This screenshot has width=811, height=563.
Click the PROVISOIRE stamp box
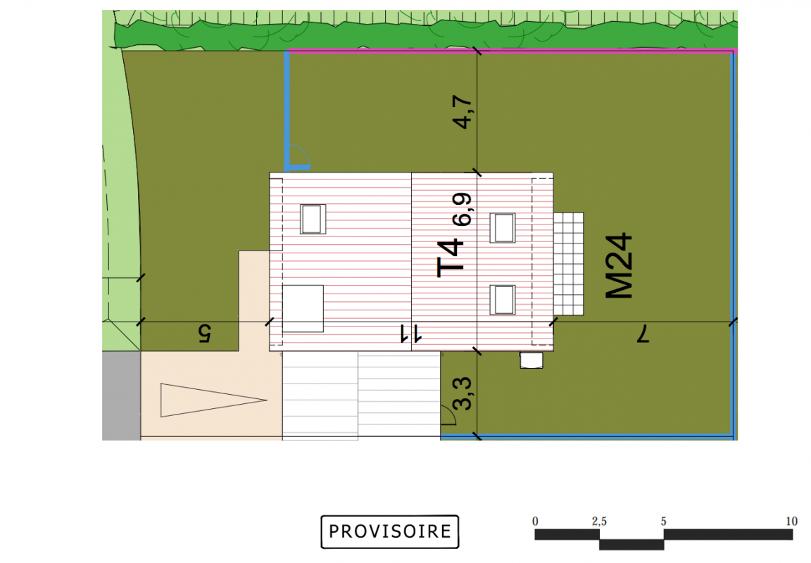(x=389, y=531)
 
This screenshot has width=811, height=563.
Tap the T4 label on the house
(x=449, y=258)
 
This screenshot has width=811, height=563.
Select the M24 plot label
(x=619, y=266)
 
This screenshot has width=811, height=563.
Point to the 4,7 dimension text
(x=462, y=112)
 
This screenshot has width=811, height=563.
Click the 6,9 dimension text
(x=462, y=210)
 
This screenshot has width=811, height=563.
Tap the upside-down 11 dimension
(x=411, y=334)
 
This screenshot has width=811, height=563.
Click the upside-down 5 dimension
(x=205, y=334)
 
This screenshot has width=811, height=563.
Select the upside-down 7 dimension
(x=642, y=334)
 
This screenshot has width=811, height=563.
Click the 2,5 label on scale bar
(x=599, y=521)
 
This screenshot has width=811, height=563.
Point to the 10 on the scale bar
(x=791, y=521)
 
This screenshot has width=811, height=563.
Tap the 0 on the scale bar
(x=535, y=521)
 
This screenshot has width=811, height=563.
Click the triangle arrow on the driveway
(x=213, y=400)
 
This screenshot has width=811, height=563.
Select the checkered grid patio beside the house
(x=568, y=264)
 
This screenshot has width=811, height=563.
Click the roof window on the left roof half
(x=313, y=219)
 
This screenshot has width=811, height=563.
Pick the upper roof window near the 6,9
(x=503, y=228)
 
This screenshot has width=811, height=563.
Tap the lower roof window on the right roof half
(x=503, y=300)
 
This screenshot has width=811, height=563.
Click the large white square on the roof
(x=303, y=309)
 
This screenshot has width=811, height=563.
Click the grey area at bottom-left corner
(x=121, y=396)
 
